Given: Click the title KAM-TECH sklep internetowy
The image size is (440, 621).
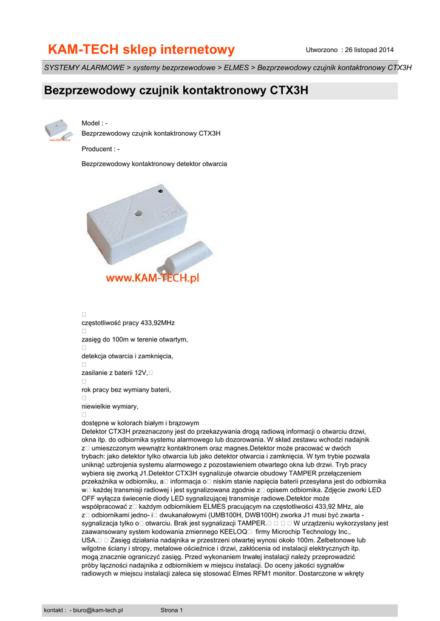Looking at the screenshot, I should click(x=141, y=49).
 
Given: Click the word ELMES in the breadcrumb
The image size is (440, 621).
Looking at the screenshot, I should click(x=236, y=67).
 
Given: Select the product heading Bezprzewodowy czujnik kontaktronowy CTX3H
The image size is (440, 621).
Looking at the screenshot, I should click(x=176, y=91).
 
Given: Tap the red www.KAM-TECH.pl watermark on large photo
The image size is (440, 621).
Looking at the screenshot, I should click(x=153, y=278).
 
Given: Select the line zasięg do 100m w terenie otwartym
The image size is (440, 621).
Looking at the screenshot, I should click(x=135, y=339).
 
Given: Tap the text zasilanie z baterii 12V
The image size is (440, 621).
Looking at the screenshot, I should click(x=115, y=372).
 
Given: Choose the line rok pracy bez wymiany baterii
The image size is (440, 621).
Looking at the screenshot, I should click(x=126, y=389).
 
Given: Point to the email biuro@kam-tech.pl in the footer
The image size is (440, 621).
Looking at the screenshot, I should click(x=98, y=610).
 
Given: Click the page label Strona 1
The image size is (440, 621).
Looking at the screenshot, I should click(x=172, y=610).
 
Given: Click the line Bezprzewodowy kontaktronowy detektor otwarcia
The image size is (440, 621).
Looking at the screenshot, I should click(x=154, y=164).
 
